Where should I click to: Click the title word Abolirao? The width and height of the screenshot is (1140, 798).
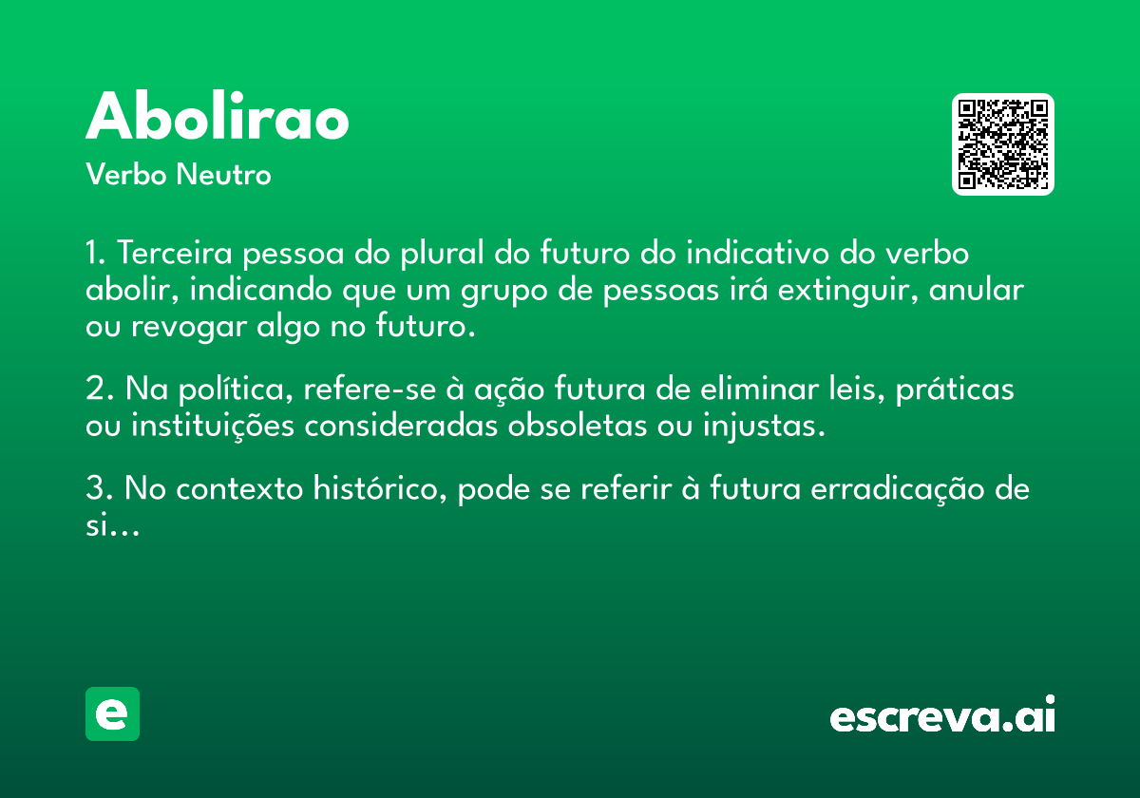pos(218,116)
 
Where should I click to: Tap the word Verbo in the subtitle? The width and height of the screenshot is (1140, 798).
pos(126,174)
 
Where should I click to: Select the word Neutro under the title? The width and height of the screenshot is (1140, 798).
pos(223,174)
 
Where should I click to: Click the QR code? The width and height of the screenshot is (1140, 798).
pos(1002,144)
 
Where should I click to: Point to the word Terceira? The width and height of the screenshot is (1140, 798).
pos(175,253)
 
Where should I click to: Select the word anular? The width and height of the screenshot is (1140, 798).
pos(977,289)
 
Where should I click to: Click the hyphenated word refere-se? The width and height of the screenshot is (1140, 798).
pos(370,389)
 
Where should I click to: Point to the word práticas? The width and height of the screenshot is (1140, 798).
pos(955,389)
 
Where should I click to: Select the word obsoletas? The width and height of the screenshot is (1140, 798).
pos(578,426)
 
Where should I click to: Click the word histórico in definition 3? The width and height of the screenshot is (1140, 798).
pos(380,488)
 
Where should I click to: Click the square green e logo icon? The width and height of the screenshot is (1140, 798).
pos(112,713)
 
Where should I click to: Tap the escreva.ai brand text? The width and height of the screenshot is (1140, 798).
pos(942,713)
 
